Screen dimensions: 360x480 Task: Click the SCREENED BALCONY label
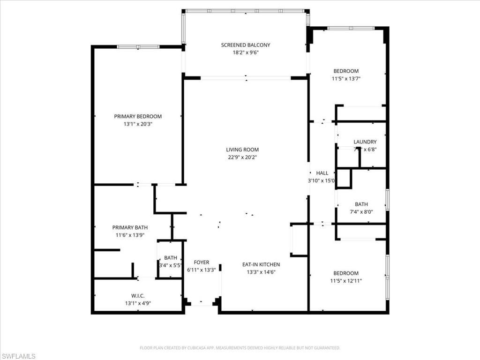click(x=246, y=45)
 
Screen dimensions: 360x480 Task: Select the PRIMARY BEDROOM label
click(x=138, y=116)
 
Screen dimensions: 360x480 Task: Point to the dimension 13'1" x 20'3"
click(x=138, y=124)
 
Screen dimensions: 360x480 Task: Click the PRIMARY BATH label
click(x=130, y=227)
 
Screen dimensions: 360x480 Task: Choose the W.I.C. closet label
click(x=138, y=295)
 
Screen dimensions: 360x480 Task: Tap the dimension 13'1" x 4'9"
click(x=138, y=303)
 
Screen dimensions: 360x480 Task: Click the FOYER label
click(x=202, y=262)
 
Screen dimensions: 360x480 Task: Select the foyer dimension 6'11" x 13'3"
click(x=202, y=270)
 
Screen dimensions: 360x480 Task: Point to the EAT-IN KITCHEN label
click(x=261, y=264)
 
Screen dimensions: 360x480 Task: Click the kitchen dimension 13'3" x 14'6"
click(x=261, y=272)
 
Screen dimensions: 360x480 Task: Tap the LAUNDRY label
click(x=365, y=142)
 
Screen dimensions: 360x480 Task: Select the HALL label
click(x=322, y=173)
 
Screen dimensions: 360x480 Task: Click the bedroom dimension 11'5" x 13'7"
click(x=346, y=79)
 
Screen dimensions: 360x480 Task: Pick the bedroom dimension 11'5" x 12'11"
click(x=346, y=281)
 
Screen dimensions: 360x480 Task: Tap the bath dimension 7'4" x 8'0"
click(x=361, y=212)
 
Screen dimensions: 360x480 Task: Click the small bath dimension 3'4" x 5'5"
click(x=171, y=265)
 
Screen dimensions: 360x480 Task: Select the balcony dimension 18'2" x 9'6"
click(x=246, y=52)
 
